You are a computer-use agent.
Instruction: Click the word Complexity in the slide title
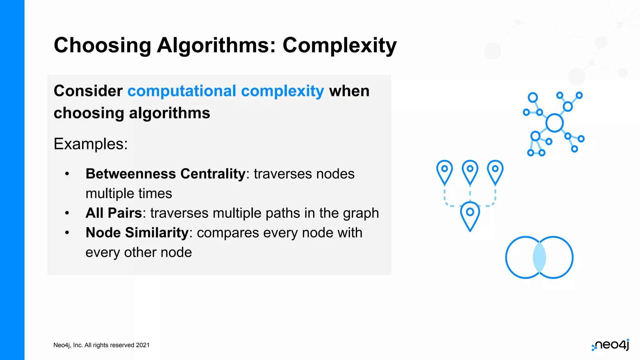[x=339, y=46]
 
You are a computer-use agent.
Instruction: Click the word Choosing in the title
[x=102, y=46]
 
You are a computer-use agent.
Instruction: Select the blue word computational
[x=182, y=91]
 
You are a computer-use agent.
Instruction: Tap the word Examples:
[x=91, y=144]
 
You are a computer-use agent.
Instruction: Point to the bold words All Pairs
[x=114, y=213]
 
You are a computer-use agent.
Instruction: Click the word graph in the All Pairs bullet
[x=361, y=213]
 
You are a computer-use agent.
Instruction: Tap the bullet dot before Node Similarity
[x=67, y=233]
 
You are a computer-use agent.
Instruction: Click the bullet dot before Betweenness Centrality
[x=67, y=174]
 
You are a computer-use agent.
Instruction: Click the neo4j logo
[x=611, y=345]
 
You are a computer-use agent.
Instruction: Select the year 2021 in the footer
[x=143, y=345]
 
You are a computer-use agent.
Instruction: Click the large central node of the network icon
[x=554, y=123]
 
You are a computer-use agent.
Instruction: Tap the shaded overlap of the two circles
[x=539, y=257]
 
